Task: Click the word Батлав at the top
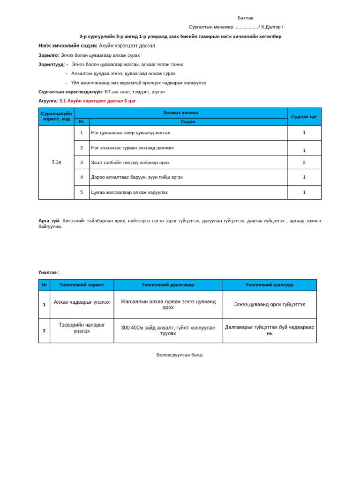(245, 18)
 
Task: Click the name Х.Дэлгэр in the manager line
(270, 27)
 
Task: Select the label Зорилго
(48, 55)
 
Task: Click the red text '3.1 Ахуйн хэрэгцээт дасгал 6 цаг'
(97, 101)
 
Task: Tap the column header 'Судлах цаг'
(304, 116)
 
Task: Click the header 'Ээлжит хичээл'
(180, 113)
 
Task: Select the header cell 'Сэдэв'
(187, 122)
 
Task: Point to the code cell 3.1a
(56, 162)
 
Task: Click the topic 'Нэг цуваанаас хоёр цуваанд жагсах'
(130, 133)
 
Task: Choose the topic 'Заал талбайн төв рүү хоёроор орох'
(130, 162)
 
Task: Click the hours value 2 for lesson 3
(304, 162)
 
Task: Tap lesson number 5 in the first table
(82, 192)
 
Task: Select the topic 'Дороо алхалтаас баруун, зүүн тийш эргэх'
(137, 177)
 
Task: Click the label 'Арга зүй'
(49, 220)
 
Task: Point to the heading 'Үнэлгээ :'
(49, 272)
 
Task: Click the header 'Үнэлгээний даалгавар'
(168, 285)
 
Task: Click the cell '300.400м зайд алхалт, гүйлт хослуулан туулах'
(168, 330)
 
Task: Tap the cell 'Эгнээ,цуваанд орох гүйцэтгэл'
(270, 304)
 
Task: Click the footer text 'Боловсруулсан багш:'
(180, 355)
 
